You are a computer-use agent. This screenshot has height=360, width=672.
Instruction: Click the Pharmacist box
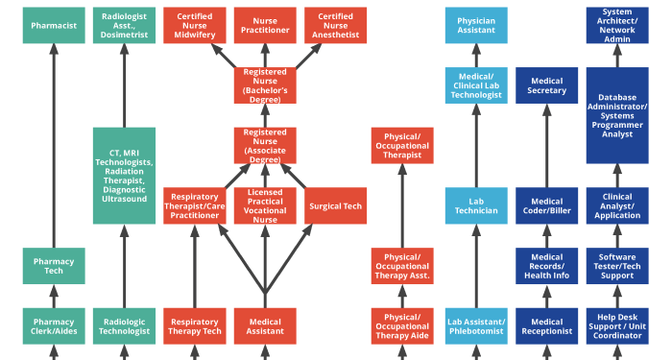54,25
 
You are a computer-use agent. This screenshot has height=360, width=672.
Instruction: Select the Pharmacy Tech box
54,266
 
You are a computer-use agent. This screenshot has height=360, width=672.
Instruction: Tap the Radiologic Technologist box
124,325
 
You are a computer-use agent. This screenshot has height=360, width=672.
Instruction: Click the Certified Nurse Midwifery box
195,25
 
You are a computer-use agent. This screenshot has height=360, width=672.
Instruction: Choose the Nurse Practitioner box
265,25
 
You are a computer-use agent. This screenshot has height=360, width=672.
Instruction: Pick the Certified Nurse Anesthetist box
335,25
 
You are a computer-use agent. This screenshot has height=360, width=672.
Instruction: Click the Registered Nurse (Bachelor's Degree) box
265,84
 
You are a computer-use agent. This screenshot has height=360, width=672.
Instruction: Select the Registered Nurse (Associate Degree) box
265,145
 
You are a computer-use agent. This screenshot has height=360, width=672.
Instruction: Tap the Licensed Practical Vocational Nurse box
265,205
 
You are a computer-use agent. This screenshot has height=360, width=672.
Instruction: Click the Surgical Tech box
335,205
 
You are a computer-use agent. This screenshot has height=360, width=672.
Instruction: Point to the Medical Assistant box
265,325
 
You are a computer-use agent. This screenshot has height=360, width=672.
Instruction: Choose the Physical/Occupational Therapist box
402,145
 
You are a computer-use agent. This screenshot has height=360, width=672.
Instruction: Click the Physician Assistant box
476,25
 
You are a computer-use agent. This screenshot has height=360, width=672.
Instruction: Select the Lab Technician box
476,205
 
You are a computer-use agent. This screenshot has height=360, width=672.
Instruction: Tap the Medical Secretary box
546,84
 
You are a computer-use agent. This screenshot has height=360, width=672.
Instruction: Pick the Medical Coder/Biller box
546,205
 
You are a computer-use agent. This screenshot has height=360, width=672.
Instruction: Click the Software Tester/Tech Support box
617,266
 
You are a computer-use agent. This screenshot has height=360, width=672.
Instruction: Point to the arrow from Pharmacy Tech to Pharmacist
54,144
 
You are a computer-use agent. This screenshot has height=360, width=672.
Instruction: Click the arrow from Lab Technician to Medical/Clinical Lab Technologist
476,144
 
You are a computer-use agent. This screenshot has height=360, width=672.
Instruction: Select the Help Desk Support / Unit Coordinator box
617,325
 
